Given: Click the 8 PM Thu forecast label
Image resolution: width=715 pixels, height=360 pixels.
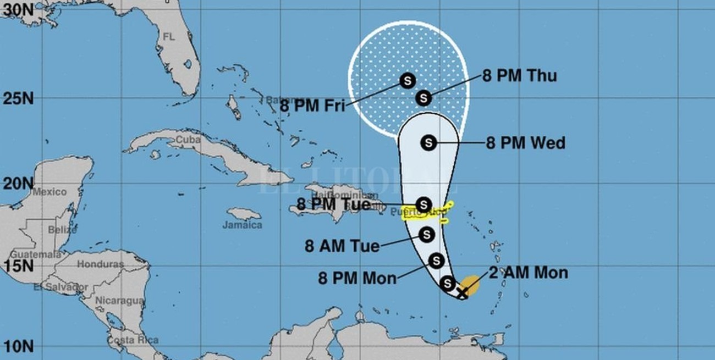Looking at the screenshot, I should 519,75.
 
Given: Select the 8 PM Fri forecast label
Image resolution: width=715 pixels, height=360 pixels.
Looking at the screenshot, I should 312,106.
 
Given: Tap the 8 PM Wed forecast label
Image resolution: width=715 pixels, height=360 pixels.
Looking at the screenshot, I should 525,143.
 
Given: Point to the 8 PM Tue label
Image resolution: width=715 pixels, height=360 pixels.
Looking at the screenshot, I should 333,204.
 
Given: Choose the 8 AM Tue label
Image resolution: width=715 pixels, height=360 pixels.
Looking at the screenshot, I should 342,246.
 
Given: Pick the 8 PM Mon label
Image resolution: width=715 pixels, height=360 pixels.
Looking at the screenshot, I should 358,278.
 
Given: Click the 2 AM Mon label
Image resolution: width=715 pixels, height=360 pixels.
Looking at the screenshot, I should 528,273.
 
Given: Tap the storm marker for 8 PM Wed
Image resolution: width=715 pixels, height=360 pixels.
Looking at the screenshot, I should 428,143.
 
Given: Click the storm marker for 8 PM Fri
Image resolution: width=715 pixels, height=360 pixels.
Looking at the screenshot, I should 407,81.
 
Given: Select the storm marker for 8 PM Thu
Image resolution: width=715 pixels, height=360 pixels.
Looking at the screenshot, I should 423,98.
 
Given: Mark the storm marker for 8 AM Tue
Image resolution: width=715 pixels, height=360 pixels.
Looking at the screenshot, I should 426,235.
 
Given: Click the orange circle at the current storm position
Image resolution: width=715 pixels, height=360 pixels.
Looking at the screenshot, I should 470,285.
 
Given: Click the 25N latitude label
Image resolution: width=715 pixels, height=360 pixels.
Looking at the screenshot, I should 16,99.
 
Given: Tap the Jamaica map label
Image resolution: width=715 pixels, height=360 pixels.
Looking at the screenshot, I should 242,225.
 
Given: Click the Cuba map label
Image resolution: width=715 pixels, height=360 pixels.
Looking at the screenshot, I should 188,140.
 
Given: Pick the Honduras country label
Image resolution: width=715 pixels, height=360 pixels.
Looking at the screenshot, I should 100,264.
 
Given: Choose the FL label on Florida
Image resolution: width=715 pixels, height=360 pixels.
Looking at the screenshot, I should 168,36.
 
